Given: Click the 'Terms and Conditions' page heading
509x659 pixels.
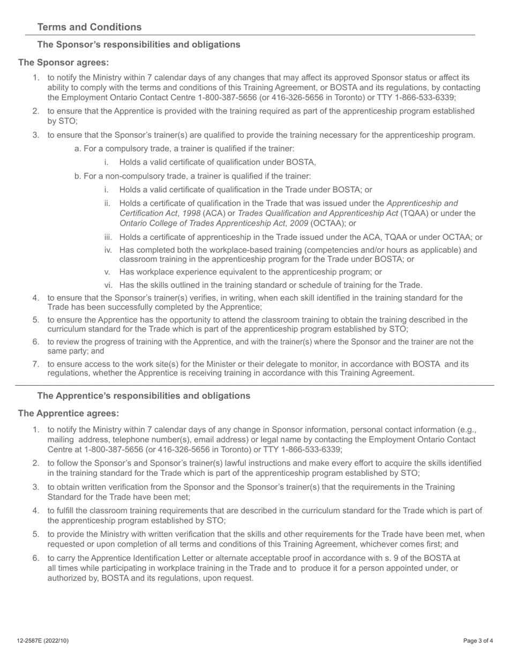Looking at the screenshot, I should (x=89, y=27).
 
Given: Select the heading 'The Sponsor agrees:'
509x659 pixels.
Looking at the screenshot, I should (x=64, y=63).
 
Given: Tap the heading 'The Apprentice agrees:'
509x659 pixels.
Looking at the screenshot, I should (x=69, y=414).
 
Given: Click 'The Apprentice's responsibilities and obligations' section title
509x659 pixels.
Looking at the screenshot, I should (x=144, y=396).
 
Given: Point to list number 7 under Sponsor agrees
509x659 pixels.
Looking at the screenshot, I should (x=36, y=364).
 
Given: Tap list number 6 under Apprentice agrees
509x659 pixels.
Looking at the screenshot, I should (x=36, y=558).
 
